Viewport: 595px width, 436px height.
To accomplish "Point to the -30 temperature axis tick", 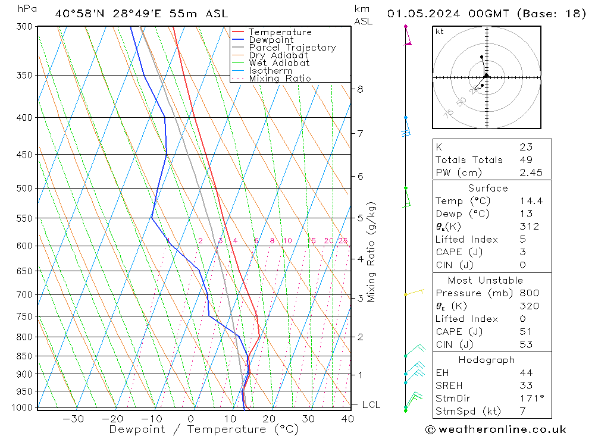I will pyautogui.click(x=73, y=418).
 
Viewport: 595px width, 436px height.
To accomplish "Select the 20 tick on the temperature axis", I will pyautogui.click(x=270, y=418).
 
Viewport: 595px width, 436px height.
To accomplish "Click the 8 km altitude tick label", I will pyautogui.click(x=360, y=89).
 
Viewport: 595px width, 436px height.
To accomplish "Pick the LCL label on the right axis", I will pyautogui.click(x=371, y=404).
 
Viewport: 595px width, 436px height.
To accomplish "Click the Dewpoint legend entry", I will pyautogui.click(x=271, y=40).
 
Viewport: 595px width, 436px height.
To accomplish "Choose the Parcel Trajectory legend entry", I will pyautogui.click(x=292, y=48).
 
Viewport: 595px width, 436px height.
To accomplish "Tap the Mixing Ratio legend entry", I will pyautogui.click(x=280, y=79).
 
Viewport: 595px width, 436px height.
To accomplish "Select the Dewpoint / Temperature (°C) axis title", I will pyautogui.click(x=204, y=429).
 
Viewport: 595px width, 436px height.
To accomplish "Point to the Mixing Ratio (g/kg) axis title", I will pyautogui.click(x=372, y=252).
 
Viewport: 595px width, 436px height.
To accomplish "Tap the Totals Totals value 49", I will pyautogui.click(x=525, y=160).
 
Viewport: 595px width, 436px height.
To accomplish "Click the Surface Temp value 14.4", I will pyautogui.click(x=531, y=201).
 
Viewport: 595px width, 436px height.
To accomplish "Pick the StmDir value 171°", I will pyautogui.click(x=528, y=399).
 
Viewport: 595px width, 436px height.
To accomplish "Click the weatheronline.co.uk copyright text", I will pyautogui.click(x=496, y=429).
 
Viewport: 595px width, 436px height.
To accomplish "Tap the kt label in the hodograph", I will pyautogui.click(x=440, y=32).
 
